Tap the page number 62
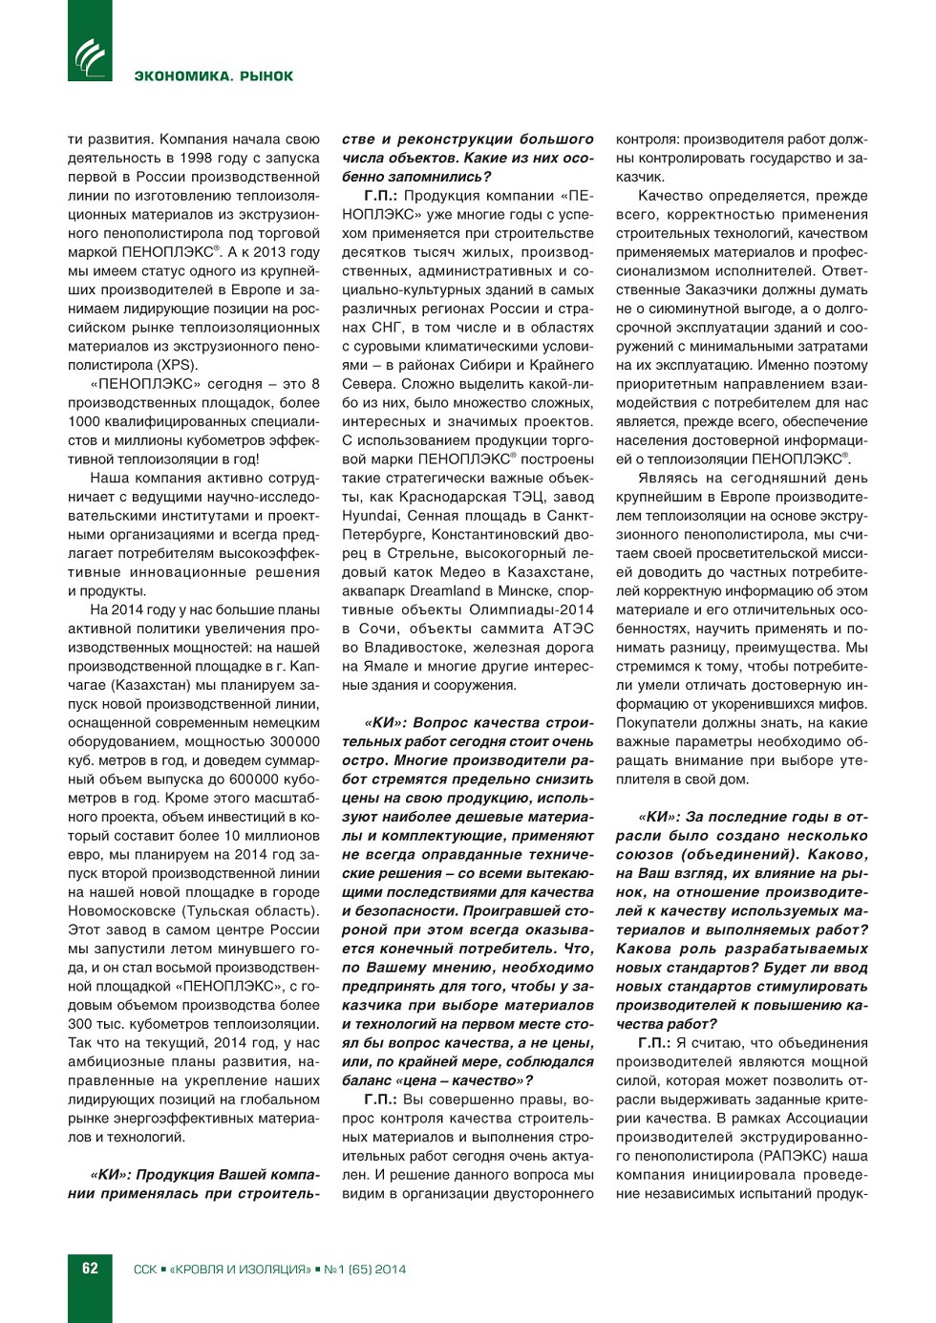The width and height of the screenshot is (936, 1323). point(90,1269)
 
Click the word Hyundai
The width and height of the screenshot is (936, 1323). point(370,516)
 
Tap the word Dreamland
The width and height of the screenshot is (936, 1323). point(445,591)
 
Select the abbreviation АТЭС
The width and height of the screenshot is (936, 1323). point(573,629)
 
